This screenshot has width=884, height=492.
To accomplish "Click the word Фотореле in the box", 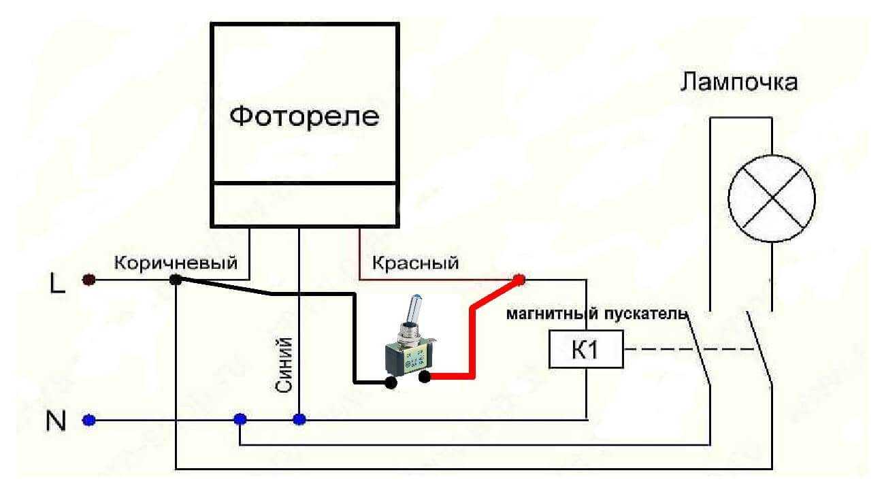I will click(x=304, y=116).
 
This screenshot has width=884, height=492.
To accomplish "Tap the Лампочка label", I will click(x=739, y=84).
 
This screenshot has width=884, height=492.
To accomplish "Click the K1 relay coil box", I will click(x=585, y=350).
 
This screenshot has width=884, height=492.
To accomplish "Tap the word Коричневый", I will click(x=176, y=263).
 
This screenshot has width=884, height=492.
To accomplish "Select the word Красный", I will click(x=415, y=263).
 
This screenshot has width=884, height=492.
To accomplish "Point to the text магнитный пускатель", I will click(x=595, y=314).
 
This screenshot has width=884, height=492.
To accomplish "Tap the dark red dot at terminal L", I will click(x=88, y=280).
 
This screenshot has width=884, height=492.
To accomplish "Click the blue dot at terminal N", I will click(x=88, y=419).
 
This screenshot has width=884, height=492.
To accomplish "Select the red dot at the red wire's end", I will click(x=519, y=278).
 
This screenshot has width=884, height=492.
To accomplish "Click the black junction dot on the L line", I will click(x=175, y=279).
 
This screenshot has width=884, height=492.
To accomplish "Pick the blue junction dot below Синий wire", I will click(x=299, y=419).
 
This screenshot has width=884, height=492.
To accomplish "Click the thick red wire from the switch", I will click(x=471, y=340).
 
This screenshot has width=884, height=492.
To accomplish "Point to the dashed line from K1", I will click(x=687, y=350).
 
